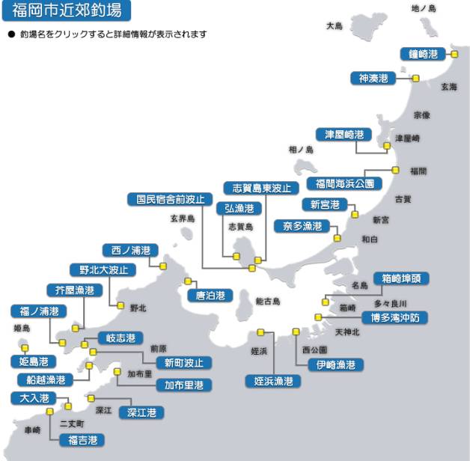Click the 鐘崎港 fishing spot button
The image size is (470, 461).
[x=421, y=54]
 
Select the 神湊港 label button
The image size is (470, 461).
[x=373, y=79]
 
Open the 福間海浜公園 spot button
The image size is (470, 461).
[x=349, y=183]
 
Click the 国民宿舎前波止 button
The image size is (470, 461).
[x=165, y=199]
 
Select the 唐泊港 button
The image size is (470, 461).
[x=210, y=296]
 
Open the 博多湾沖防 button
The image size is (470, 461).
[x=394, y=317]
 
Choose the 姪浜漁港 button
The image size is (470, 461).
[x=273, y=381]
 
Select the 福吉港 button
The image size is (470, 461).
[x=82, y=440]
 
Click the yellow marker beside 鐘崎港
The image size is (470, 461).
[x=453, y=54]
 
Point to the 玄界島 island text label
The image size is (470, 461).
[x=182, y=219]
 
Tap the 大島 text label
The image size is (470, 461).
[x=334, y=26]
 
